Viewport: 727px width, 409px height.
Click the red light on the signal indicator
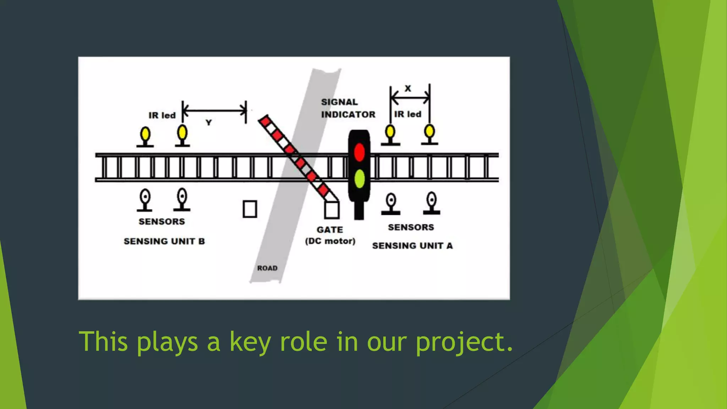[359, 152]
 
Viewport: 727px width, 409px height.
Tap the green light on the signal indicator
[359, 178]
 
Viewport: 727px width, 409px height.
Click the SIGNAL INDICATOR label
[348, 108]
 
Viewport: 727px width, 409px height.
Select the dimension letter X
[408, 88]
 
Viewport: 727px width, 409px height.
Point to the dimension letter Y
[209, 123]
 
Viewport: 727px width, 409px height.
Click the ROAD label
[267, 268]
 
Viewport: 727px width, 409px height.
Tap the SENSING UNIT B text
[164, 241]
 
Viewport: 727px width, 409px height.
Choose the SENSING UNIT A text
[412, 246]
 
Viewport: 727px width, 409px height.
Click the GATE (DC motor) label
[330, 235]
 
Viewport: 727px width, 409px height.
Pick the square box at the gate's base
[332, 209]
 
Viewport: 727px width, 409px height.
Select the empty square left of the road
[250, 209]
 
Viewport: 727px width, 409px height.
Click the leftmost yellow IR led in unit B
[145, 135]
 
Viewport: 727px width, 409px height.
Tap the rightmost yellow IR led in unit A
[430, 131]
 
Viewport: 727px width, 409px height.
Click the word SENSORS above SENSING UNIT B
[162, 222]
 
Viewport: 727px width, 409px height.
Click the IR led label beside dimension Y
[162, 115]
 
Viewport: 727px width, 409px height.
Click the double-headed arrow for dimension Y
[214, 111]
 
